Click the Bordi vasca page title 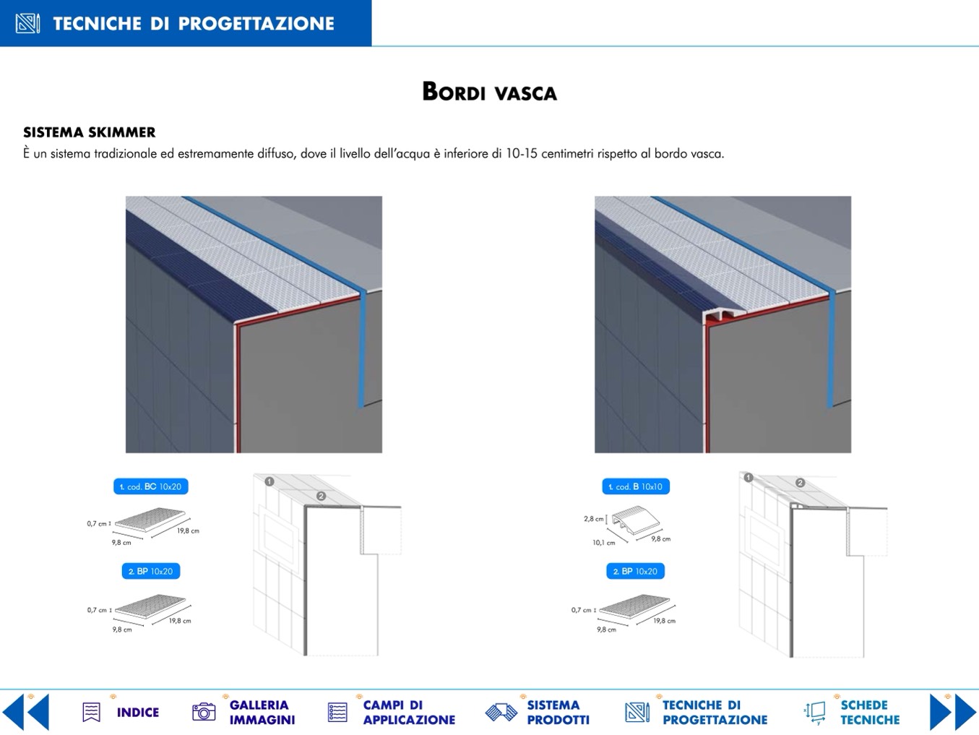[489, 92]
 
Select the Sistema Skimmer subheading [89, 132]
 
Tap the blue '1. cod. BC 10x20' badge [151, 486]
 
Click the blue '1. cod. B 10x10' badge [636, 486]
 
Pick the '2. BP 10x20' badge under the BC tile [151, 572]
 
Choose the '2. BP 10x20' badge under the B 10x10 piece [635, 572]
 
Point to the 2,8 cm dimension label [593, 519]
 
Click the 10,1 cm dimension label [603, 543]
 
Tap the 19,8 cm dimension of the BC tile [188, 530]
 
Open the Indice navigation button [121, 713]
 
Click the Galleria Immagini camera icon [204, 712]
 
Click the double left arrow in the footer [25, 712]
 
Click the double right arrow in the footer [953, 712]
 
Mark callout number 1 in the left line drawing [269, 481]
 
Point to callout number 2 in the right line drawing [800, 483]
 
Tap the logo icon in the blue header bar [27, 23]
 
